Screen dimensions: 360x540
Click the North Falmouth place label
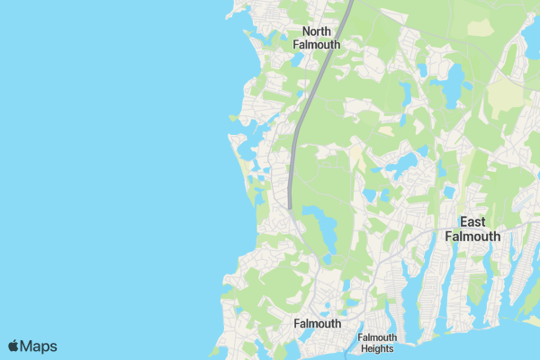click(x=315, y=37)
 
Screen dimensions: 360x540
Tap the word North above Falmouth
click(x=315, y=31)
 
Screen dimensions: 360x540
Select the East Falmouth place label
click(x=472, y=229)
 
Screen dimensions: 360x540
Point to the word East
click(x=472, y=221)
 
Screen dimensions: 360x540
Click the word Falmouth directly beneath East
click(x=472, y=236)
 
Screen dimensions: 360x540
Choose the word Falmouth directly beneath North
click(x=315, y=44)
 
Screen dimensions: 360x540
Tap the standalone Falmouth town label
click(x=318, y=323)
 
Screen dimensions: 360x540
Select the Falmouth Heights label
click(x=377, y=343)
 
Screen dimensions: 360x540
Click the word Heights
click(x=377, y=348)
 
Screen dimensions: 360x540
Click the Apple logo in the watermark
click(x=13, y=346)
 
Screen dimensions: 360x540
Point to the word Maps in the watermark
click(x=39, y=346)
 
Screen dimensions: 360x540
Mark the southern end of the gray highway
click(x=290, y=206)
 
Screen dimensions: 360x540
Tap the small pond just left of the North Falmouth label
click(x=295, y=60)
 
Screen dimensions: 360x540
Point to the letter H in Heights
click(x=362, y=348)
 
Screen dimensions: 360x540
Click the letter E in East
click(x=463, y=221)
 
